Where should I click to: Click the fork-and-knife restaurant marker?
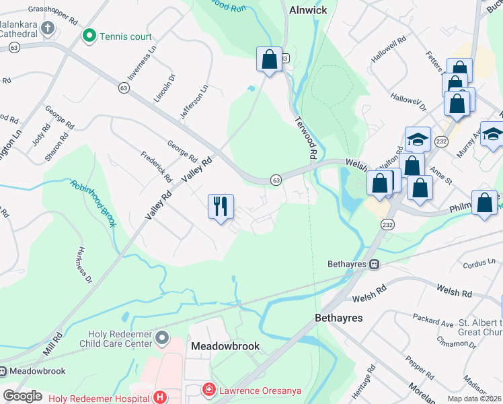click(x=221, y=206)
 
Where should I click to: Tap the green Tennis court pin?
click(x=88, y=36)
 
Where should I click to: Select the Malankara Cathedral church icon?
click(x=47, y=28)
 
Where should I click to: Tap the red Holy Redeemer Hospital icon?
click(x=160, y=397)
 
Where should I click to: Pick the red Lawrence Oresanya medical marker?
click(x=209, y=390)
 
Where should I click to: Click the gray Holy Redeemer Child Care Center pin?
click(x=161, y=337)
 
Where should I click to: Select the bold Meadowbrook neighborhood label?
click(x=225, y=346)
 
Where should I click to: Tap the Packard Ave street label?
click(x=431, y=314)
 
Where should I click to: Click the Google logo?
click(x=23, y=396)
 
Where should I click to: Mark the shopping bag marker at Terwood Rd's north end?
click(x=269, y=59)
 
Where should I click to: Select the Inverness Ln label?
click(x=141, y=65)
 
